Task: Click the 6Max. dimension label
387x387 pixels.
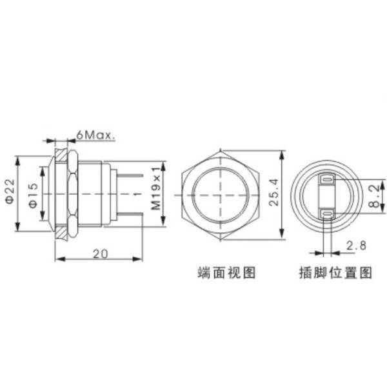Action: [95, 135]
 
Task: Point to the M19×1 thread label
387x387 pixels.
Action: [155, 192]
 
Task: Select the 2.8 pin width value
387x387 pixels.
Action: [355, 246]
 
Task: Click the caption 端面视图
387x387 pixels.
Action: [226, 273]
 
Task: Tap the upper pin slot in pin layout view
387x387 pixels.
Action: [326, 178]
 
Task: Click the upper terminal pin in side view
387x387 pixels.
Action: [129, 174]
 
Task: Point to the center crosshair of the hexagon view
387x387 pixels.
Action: [221, 195]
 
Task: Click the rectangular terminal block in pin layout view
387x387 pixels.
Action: [326, 195]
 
